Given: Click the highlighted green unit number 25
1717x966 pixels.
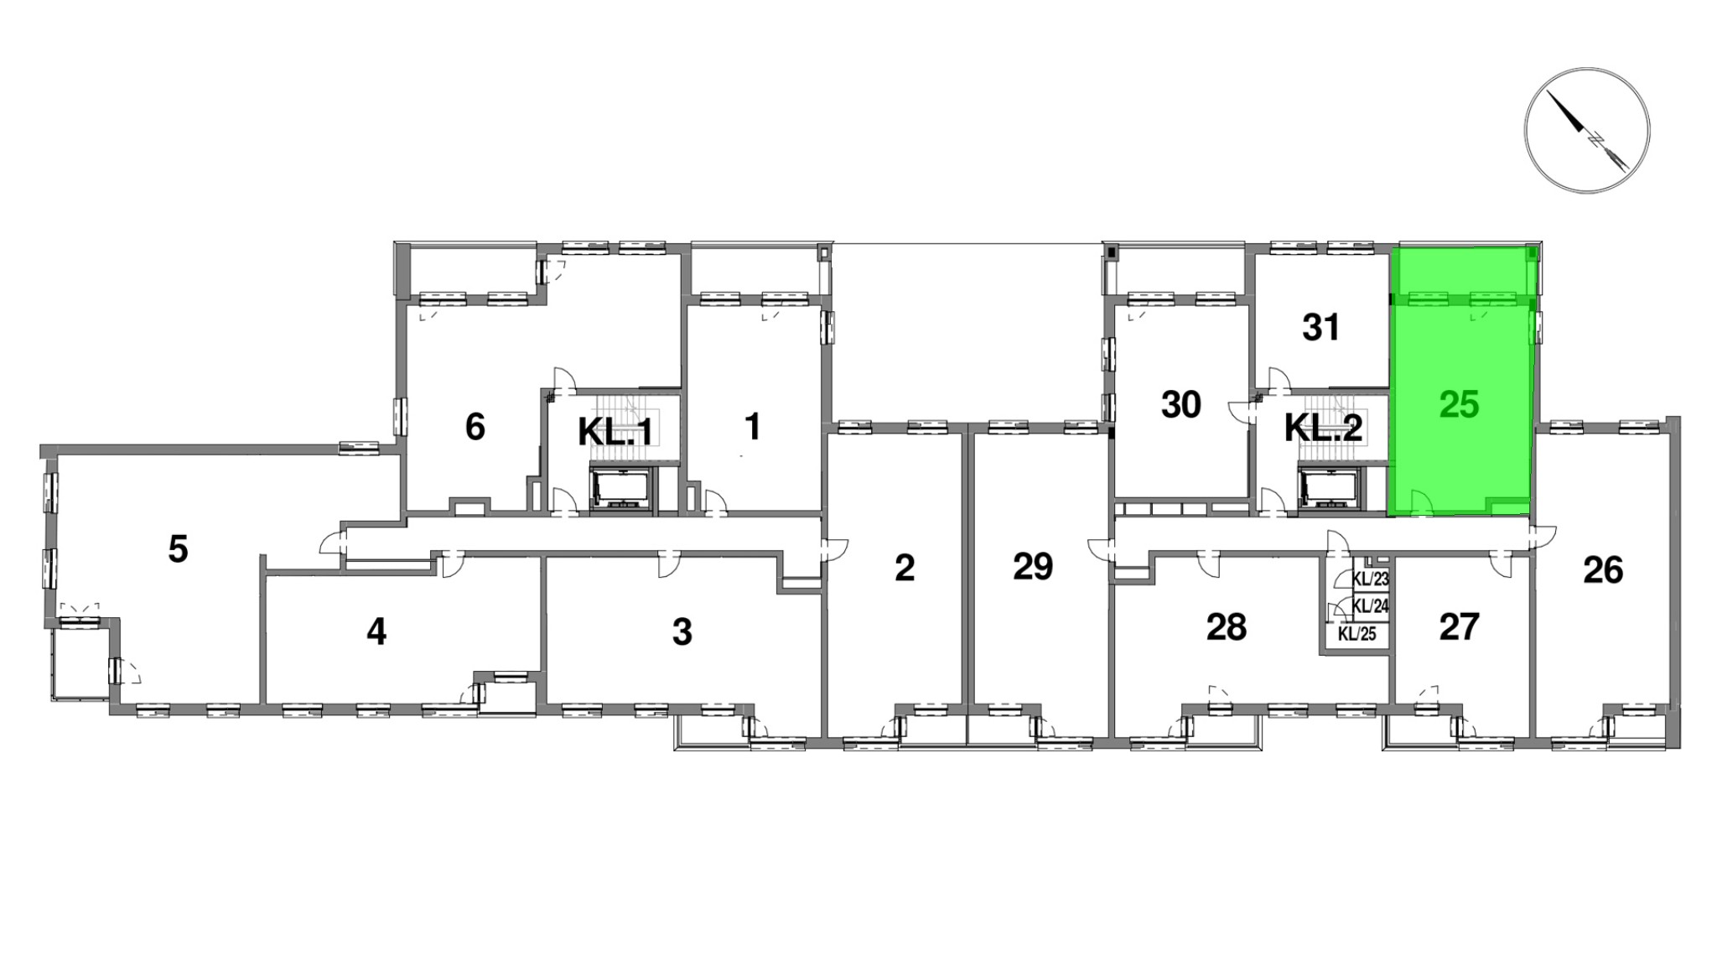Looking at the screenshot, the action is click(x=1459, y=405).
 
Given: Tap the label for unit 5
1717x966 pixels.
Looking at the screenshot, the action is click(x=178, y=549).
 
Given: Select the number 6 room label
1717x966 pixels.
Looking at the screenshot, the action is click(x=475, y=427).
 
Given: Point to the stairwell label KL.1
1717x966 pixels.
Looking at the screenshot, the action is click(x=615, y=432).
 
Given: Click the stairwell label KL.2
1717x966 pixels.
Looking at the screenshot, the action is click(x=1324, y=428).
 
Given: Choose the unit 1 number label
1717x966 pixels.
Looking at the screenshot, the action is click(x=753, y=426).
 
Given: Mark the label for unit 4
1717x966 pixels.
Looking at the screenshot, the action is click(x=376, y=631).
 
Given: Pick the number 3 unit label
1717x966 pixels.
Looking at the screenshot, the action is click(x=682, y=631).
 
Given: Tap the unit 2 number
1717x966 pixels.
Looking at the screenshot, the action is click(x=905, y=568).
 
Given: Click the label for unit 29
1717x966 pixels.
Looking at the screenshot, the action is click(x=1033, y=567).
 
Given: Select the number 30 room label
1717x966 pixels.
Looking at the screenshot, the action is click(x=1181, y=405).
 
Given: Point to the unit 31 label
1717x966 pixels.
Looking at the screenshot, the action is click(x=1321, y=327).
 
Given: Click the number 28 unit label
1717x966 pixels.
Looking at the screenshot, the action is click(x=1227, y=626).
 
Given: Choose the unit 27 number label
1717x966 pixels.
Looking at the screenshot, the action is click(x=1459, y=626).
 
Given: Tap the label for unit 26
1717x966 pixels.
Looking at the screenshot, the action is click(x=1603, y=570).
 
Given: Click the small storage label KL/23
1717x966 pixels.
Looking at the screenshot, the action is click(x=1372, y=579).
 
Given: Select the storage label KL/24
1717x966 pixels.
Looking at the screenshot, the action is click(x=1372, y=605).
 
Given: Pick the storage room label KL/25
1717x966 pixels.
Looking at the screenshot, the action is click(x=1357, y=634).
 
